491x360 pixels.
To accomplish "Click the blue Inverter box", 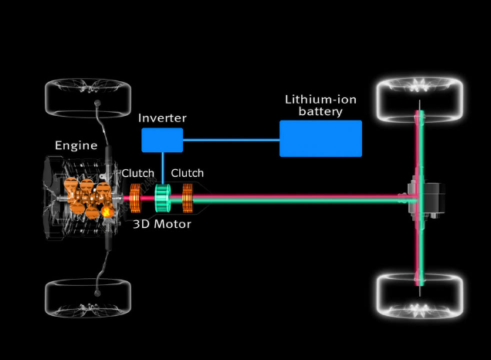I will [162, 140].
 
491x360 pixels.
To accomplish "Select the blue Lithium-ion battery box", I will [320, 139].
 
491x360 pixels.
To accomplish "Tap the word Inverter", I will [162, 118].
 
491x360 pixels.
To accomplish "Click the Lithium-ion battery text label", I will [320, 106].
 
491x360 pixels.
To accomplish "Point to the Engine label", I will [76, 145].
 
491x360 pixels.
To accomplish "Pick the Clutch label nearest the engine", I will [137, 173].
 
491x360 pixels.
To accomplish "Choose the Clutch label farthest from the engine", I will [187, 173].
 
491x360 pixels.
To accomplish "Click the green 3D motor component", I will [162, 199].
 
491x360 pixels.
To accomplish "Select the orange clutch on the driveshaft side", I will [186, 199].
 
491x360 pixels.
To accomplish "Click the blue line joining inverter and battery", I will [232, 140].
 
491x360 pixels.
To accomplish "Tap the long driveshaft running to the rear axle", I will [309, 199].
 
